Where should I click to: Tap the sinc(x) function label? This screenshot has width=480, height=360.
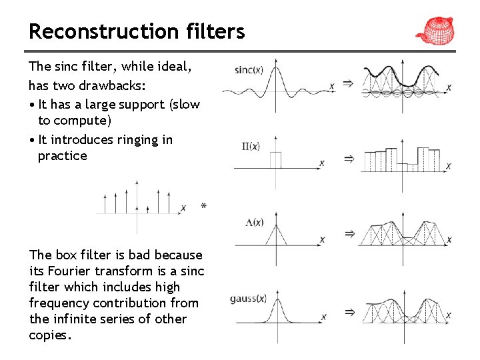click(x=249, y=69)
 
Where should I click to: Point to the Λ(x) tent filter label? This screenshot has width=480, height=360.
click(x=255, y=223)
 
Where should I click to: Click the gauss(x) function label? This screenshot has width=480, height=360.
click(x=248, y=299)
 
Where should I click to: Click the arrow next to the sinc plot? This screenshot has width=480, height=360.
click(x=348, y=83)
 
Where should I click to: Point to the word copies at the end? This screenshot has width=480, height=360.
click(x=48, y=335)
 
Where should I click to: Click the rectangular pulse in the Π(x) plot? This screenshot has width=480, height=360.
click(x=275, y=159)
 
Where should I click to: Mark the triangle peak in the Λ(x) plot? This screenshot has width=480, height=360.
click(x=275, y=225)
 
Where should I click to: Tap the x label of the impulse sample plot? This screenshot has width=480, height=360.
click(x=183, y=208)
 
